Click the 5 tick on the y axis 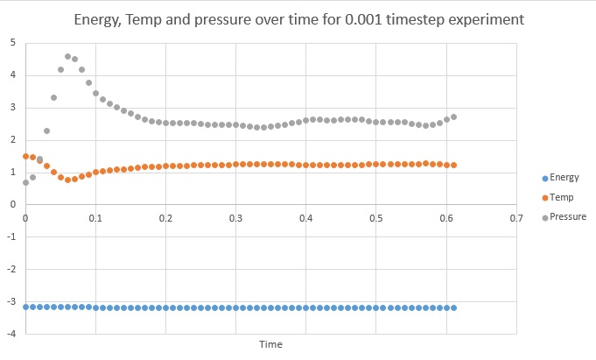tap(12, 42)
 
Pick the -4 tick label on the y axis tap(11, 334)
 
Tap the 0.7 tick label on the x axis tap(516, 217)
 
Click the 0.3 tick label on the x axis tap(235, 217)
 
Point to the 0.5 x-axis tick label tap(375, 217)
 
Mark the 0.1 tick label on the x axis tap(95, 217)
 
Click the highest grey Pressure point tap(67, 56)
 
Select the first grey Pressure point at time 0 tap(25, 182)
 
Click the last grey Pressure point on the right tap(453, 116)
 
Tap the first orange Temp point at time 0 tap(25, 156)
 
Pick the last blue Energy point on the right tap(453, 307)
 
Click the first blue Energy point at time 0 tap(25, 307)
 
